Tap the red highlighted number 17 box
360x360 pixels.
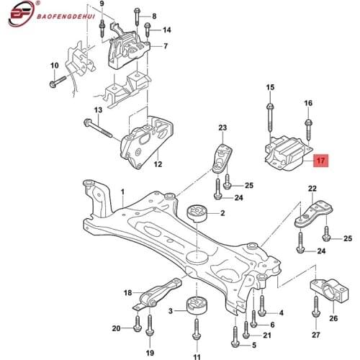[x=321, y=162]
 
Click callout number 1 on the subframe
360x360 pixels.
[x=123, y=192]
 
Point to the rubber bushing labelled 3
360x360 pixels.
[x=194, y=307]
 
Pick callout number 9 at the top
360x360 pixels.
[x=102, y=5]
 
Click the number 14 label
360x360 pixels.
[x=166, y=30]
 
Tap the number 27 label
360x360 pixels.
[x=317, y=335]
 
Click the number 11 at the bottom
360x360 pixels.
[x=197, y=356]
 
